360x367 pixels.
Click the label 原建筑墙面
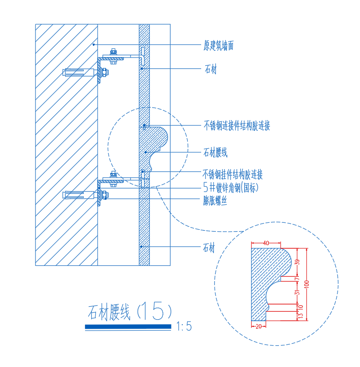[x=218, y=45]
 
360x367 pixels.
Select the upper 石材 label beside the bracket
[x=211, y=69]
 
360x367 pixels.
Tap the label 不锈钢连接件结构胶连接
[x=237, y=125]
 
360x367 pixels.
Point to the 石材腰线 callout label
[x=215, y=152]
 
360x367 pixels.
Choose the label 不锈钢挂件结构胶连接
[x=233, y=175]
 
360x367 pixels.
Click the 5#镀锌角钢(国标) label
[x=231, y=187]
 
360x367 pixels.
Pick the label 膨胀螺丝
[x=215, y=201]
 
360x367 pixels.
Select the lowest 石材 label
[x=209, y=248]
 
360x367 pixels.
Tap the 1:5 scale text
[x=184, y=326]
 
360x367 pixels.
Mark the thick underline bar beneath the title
[x=128, y=327]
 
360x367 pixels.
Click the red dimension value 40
[x=266, y=243]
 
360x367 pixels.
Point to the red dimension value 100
[x=307, y=284]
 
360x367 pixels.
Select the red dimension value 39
[x=297, y=262]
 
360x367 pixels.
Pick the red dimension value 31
[x=297, y=292]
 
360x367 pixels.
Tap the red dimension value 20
[x=258, y=326]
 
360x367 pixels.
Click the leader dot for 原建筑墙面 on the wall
[x=94, y=45]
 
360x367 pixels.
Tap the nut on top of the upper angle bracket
[x=113, y=51]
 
